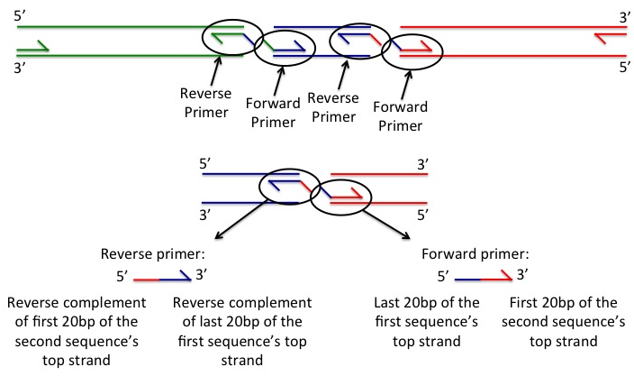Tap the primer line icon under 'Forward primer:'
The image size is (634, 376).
coord(485,276)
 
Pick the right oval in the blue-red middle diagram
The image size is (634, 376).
coord(343,200)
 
